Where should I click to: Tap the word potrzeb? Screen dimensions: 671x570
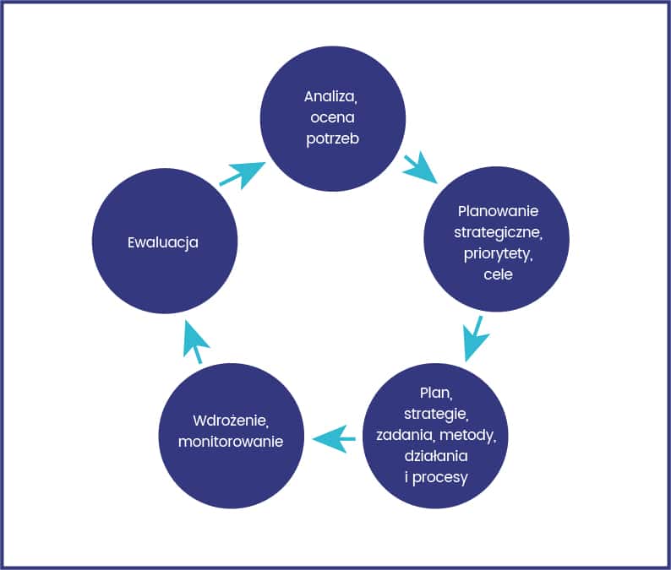[x=332, y=139]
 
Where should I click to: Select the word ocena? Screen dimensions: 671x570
[x=332, y=117]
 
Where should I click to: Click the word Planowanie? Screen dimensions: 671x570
[x=498, y=211]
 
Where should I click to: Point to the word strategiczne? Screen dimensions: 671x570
[x=498, y=232]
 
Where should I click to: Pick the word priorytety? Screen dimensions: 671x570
[x=498, y=254]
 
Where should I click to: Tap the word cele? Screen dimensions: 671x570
[x=498, y=274]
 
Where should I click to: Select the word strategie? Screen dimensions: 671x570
[x=436, y=414]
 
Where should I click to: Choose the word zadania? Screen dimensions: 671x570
[x=406, y=435]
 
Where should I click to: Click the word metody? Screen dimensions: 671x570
[x=467, y=435]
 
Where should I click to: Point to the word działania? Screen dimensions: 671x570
[x=436, y=456]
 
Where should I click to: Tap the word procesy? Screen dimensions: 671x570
[x=440, y=478]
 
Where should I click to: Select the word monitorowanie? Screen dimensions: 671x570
[x=231, y=442]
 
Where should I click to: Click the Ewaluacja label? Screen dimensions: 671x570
[x=163, y=243]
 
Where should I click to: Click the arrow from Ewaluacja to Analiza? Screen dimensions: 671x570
[x=243, y=175]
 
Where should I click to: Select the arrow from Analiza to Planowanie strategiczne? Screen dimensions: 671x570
[x=420, y=167]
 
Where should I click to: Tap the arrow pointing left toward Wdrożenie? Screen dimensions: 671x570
[x=334, y=439]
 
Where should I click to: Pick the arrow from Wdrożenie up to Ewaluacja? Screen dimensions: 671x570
[x=195, y=342]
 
